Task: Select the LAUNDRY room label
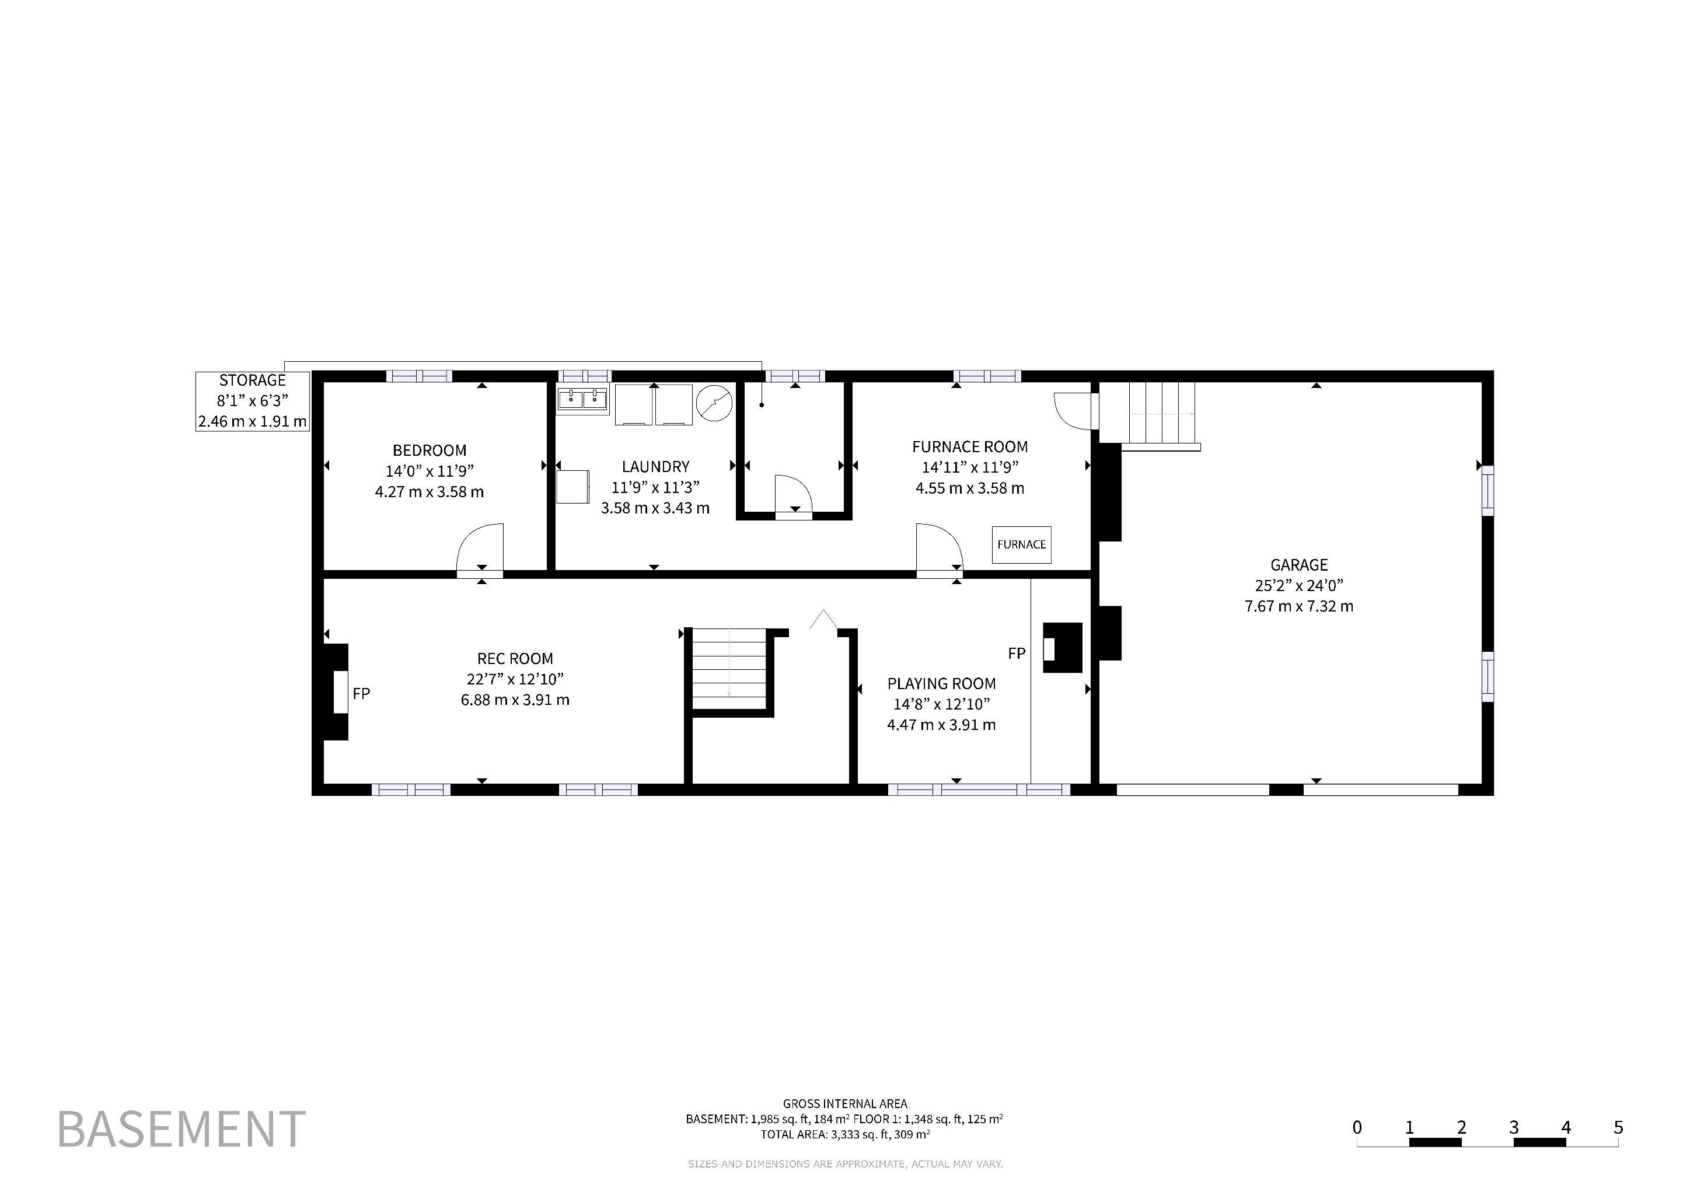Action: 655,467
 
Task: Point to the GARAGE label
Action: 1299,565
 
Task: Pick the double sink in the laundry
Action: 582,399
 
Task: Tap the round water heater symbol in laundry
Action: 715,403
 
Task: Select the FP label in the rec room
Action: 361,693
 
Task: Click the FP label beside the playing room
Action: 1017,654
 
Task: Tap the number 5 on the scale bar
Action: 1618,1127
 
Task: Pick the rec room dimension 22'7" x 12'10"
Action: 515,679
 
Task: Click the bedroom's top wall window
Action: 420,376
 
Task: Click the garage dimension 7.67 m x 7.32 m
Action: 1299,606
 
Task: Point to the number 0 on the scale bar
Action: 1357,1127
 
